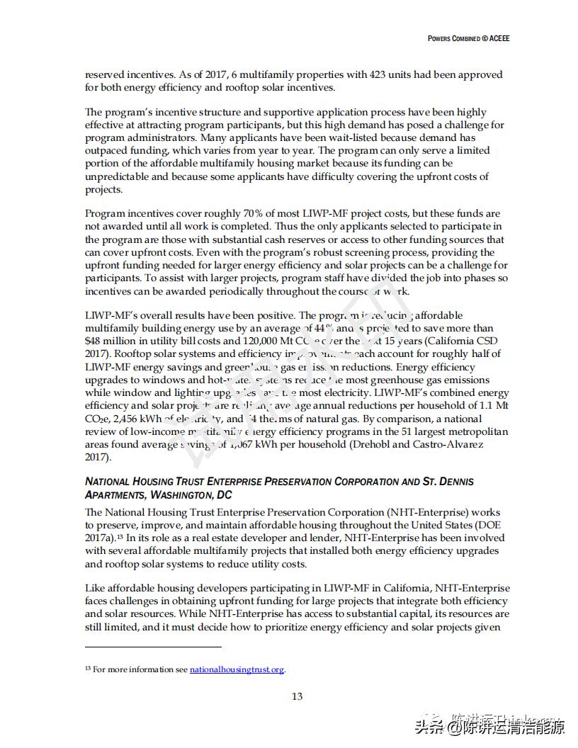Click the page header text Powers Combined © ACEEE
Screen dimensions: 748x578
pyautogui.click(x=468, y=38)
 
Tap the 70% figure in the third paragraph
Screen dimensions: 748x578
pyautogui.click(x=238, y=213)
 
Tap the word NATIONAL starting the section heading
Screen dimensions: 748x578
pyautogui.click(x=108, y=482)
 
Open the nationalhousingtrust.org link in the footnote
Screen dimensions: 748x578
pyautogui.click(x=237, y=669)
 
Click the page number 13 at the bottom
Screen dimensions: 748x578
pyautogui.click(x=297, y=696)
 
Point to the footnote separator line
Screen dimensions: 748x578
pyautogui.click(x=153, y=646)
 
